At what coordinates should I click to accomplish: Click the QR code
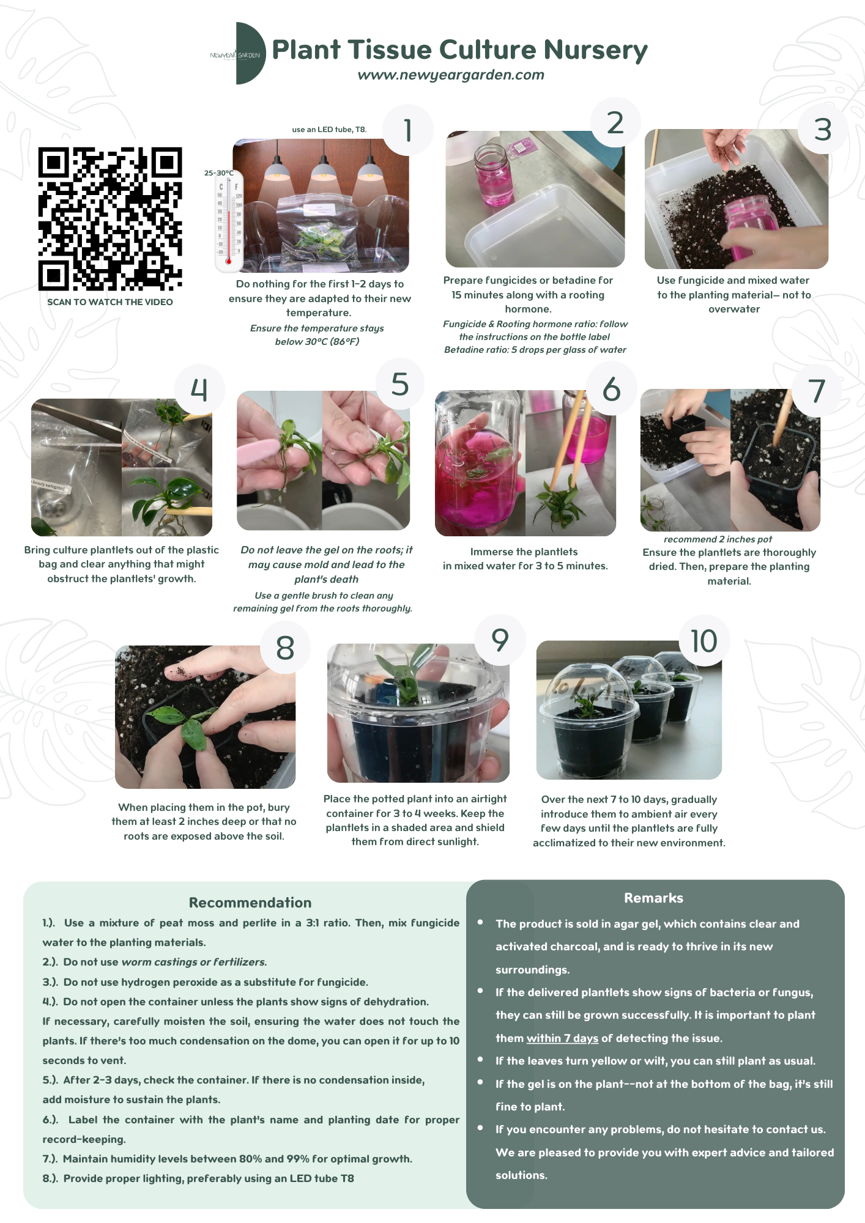(110, 219)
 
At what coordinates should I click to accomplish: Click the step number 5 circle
(399, 384)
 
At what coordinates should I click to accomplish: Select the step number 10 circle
(704, 641)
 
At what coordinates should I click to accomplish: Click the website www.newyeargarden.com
(451, 75)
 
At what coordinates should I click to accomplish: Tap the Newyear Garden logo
(238, 54)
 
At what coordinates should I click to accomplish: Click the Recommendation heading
(250, 903)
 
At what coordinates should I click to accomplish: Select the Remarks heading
(653, 898)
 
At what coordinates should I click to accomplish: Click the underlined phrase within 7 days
(562, 1038)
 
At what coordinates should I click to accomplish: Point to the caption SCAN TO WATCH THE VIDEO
(110, 302)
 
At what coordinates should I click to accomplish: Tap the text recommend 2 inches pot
(718, 539)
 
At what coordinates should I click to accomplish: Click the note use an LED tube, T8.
(329, 130)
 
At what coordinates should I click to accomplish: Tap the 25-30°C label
(219, 173)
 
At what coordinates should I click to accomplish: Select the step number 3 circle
(823, 130)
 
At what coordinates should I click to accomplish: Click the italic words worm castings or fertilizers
(194, 962)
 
